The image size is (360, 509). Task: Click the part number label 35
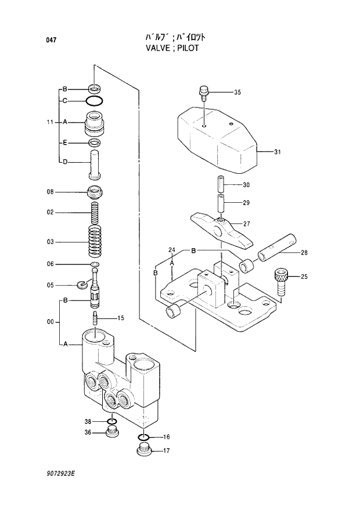(x=237, y=93)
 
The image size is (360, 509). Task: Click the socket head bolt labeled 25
(x=280, y=281)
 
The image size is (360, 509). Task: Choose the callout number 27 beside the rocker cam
(x=247, y=224)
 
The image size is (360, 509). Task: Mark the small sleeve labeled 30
(x=221, y=184)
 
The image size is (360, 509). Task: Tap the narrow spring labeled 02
(x=95, y=212)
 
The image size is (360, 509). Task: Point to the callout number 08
(x=51, y=192)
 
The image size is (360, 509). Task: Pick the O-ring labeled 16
(x=145, y=437)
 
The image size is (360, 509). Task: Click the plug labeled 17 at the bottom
(x=144, y=450)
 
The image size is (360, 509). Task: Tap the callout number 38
(x=88, y=421)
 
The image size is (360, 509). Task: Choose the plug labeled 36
(x=113, y=432)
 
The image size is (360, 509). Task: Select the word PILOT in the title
(x=187, y=48)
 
